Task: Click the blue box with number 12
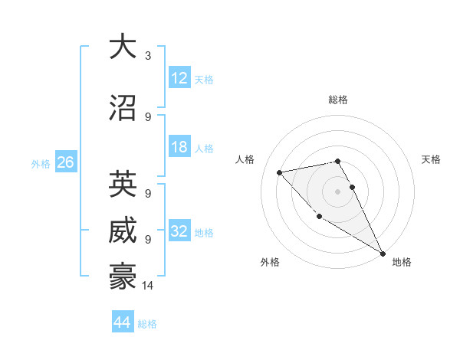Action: (x=179, y=78)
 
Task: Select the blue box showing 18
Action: (x=179, y=147)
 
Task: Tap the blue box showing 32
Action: (x=179, y=231)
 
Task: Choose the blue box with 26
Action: (x=65, y=162)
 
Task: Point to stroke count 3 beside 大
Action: (x=148, y=56)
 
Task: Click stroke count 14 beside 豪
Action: (x=148, y=286)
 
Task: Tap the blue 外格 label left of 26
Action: (x=41, y=163)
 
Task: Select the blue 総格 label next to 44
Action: (x=147, y=324)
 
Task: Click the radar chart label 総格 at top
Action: (x=337, y=100)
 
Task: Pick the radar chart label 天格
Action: (x=431, y=159)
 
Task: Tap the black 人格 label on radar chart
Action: (x=245, y=159)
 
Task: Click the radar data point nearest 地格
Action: (x=383, y=254)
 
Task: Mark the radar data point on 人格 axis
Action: (x=280, y=172)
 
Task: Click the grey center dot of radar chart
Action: (x=337, y=191)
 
